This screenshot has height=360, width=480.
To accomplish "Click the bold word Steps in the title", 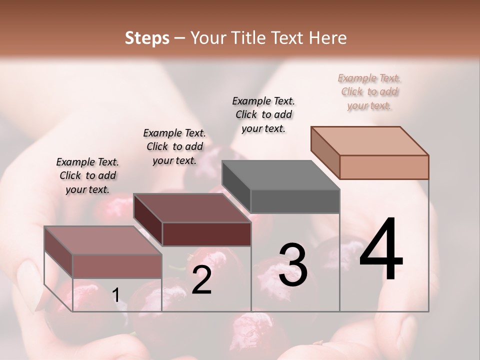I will coord(147,38).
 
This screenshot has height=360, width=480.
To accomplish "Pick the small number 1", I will coord(115,295).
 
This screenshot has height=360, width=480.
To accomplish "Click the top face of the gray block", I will coord(280,175).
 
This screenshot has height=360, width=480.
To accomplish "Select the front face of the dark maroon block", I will coord(206,234).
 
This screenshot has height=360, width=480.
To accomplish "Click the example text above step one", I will coord(87,175).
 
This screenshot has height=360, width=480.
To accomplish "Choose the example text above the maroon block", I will coord(174,146).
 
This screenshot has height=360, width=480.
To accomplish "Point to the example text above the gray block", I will coord(263,114).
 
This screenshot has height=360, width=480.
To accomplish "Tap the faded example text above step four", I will coord(369,91).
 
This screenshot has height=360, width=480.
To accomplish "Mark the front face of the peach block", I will coord(384,167).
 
